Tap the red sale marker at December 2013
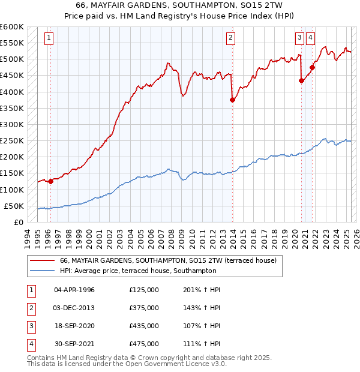[x=232, y=100]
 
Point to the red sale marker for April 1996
[x=51, y=182]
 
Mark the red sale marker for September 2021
[x=312, y=67]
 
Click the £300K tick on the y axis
[x=12, y=125]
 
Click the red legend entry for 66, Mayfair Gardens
[x=168, y=260]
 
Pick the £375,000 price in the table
[x=144, y=308]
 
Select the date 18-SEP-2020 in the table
[x=74, y=326]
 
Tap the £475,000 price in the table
[x=144, y=344]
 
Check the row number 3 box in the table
[x=31, y=326]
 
